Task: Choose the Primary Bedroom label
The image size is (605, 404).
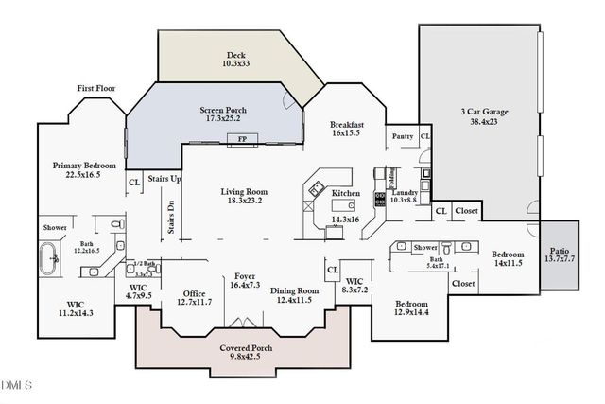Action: [x=78, y=165]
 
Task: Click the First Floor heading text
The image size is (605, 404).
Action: [x=97, y=88]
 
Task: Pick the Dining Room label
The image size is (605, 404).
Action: [x=296, y=290]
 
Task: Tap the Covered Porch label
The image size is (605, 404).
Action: [x=247, y=348]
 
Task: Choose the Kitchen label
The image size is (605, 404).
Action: [x=346, y=193]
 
